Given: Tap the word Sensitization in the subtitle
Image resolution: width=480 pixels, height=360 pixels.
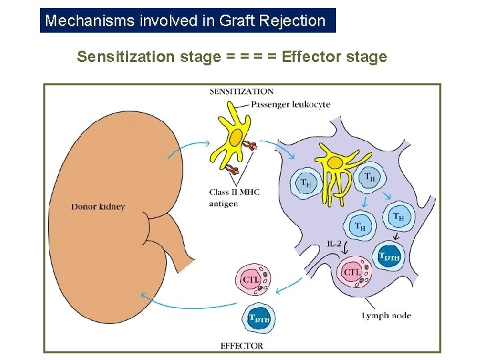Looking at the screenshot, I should pyautogui.click(x=126, y=57).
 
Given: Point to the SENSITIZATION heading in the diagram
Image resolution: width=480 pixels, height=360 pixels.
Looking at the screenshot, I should pyautogui.click(x=241, y=92).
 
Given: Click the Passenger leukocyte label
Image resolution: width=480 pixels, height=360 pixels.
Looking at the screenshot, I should pyautogui.click(x=291, y=105).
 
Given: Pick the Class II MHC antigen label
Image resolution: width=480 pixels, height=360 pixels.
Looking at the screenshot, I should pyautogui.click(x=233, y=198).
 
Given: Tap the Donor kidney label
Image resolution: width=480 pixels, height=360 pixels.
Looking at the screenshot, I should pyautogui.click(x=98, y=207).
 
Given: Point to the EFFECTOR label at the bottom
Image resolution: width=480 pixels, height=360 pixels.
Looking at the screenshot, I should pyautogui.click(x=241, y=345).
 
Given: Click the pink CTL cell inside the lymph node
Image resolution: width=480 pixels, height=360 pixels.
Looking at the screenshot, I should pyautogui.click(x=352, y=272).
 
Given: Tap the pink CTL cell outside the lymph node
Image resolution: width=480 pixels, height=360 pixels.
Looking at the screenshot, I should pyautogui.click(x=252, y=279).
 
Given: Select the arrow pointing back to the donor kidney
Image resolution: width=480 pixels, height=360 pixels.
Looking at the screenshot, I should pyautogui.click(x=180, y=303).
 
